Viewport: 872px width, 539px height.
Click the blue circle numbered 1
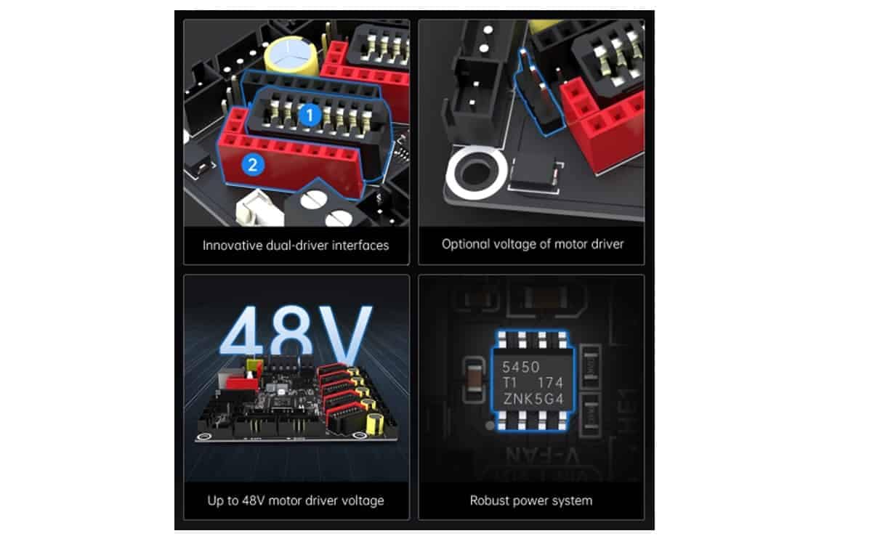click(310, 114)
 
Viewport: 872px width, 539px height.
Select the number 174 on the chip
click(549, 383)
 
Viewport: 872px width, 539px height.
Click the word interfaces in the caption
click(360, 245)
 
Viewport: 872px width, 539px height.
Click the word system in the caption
click(573, 500)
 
